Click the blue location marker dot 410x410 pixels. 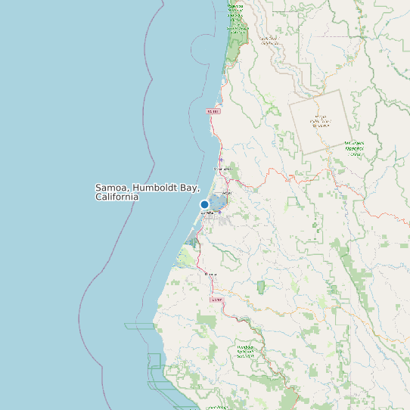click(x=204, y=204)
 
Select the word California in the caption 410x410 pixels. click(x=117, y=197)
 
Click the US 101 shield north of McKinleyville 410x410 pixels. click(x=213, y=111)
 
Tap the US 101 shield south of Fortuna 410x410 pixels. click(x=217, y=300)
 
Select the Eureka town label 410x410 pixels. click(x=207, y=213)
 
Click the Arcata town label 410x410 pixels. click(x=226, y=194)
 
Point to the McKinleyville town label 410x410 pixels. click(x=222, y=169)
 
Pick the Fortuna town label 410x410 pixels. click(x=210, y=274)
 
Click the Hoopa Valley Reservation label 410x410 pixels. click(x=321, y=121)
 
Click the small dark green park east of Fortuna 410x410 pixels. click(x=262, y=287)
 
